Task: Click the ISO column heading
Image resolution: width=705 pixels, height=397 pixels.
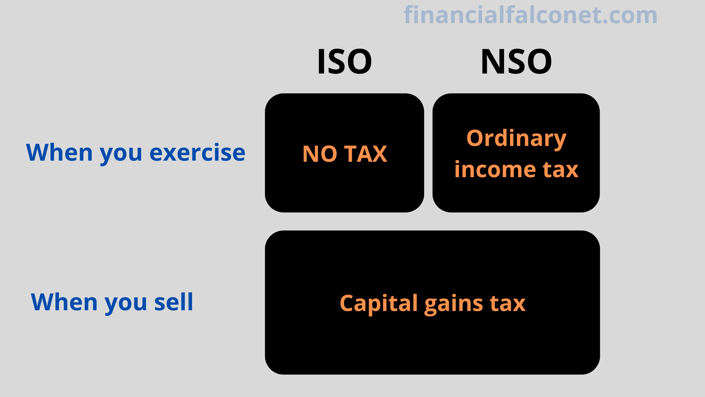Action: pyautogui.click(x=344, y=61)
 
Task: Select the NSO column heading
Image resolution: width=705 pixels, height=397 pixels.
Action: pyautogui.click(x=516, y=61)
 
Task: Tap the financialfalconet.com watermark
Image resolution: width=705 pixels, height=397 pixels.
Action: pyautogui.click(x=531, y=15)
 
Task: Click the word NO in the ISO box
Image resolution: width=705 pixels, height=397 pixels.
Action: pyautogui.click(x=319, y=154)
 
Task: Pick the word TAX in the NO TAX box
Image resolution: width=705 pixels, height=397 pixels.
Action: pyautogui.click(x=366, y=154)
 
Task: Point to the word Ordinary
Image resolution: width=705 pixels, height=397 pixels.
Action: pyautogui.click(x=516, y=139)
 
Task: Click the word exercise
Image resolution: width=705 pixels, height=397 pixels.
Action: pyautogui.click(x=197, y=153)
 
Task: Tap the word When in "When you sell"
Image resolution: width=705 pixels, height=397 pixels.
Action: pyautogui.click(x=64, y=302)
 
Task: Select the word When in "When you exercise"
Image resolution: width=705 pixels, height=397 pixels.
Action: pyautogui.click(x=59, y=153)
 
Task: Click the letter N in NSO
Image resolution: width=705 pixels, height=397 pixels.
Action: pyautogui.click(x=493, y=61)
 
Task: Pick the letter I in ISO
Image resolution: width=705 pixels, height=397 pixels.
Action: pyautogui.click(x=321, y=61)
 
